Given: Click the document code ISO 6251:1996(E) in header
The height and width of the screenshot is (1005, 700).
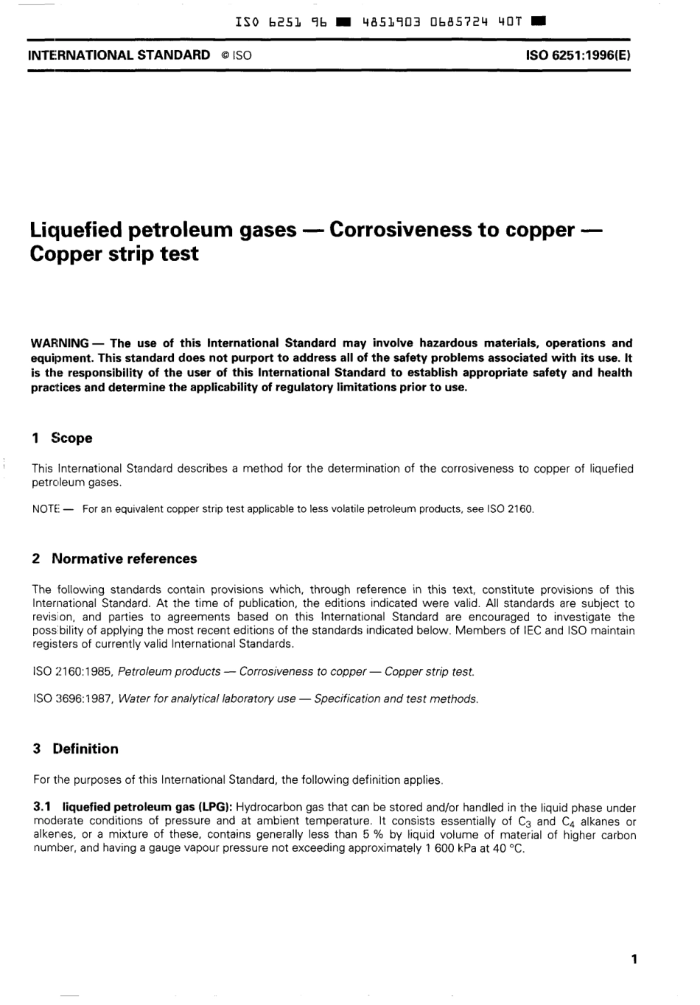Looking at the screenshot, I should click(578, 55).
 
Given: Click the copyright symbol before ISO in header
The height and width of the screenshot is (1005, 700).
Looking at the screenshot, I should click(223, 55).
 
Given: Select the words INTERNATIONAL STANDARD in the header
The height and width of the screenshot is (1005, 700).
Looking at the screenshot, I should click(119, 55).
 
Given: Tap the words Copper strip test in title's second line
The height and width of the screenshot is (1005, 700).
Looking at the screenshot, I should click(114, 254).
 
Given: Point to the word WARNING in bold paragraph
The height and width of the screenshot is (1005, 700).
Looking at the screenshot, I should click(60, 343).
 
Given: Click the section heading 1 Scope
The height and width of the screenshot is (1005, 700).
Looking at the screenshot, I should click(63, 438).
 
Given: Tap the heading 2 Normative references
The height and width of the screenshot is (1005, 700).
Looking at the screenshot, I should click(115, 558).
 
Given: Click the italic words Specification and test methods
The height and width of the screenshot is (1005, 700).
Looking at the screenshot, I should click(396, 698).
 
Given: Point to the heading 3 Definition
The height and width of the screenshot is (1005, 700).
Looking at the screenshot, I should click(76, 749).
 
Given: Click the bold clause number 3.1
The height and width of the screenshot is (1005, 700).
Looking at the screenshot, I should click(42, 808).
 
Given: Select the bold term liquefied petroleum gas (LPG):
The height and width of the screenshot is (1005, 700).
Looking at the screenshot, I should click(147, 808).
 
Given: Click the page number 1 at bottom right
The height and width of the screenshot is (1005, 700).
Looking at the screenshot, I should click(634, 959).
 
